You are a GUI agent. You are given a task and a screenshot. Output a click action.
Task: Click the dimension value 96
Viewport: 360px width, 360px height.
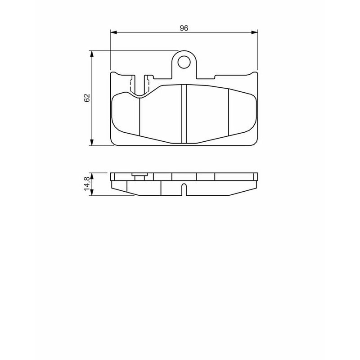184,28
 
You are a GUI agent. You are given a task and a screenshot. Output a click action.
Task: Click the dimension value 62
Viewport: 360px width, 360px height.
87,98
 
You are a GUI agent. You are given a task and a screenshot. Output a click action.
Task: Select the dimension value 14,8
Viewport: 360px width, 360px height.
87,184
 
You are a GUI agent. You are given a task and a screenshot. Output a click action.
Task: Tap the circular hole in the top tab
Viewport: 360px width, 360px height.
184,62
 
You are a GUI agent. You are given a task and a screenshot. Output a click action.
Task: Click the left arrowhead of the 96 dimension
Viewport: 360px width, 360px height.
114,32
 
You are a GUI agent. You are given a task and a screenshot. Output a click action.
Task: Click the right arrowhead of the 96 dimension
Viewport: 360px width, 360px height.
254,32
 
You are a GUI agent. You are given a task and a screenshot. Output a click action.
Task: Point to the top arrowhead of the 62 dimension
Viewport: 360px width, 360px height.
92,54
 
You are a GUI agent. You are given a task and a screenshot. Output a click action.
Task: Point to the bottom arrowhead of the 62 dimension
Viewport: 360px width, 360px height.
92,142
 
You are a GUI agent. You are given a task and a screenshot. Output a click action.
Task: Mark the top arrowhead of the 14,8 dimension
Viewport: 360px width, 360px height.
92,176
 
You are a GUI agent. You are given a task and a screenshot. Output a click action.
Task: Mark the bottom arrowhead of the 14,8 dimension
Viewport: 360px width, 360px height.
92,193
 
